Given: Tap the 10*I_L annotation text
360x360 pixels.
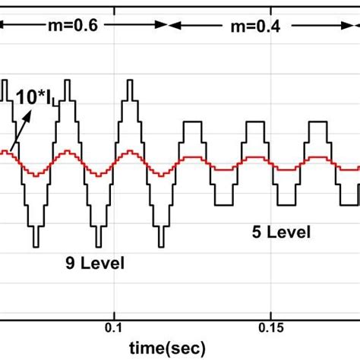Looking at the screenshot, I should click(32, 97).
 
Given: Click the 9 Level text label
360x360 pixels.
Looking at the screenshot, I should click(95, 264).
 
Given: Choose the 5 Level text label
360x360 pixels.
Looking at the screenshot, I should click(281, 232).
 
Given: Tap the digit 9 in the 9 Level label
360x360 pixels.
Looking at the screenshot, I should click(69, 264).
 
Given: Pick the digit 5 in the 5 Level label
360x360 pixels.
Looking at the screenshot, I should click(256, 232).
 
